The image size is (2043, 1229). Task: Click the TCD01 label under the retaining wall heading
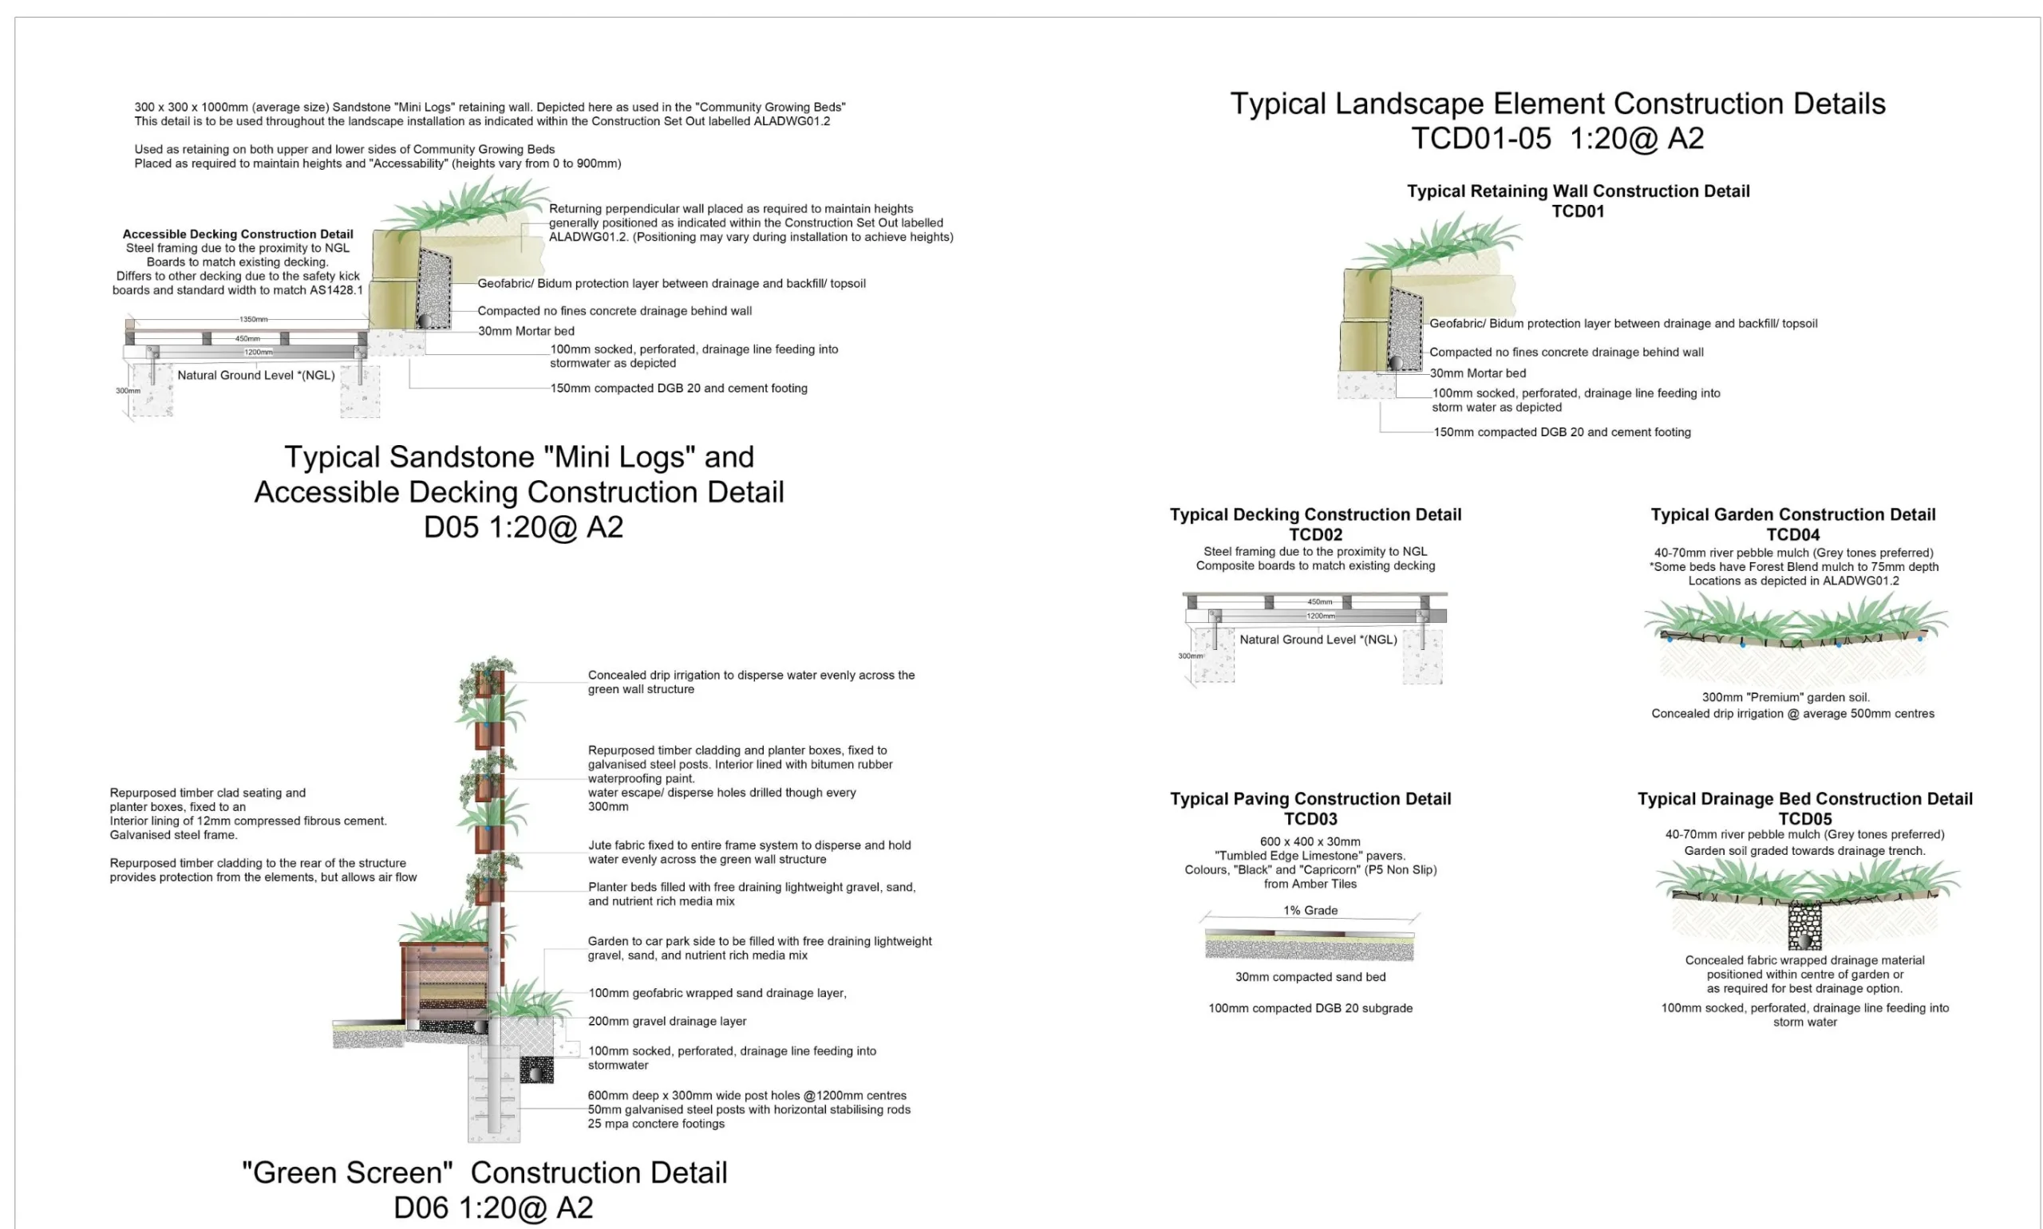pyautogui.click(x=1577, y=211)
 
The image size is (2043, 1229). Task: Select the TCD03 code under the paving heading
pyautogui.click(x=1310, y=819)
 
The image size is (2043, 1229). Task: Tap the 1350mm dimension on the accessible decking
pyautogui.click(x=254, y=319)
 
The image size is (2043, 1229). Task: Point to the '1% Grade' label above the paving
pyautogui.click(x=1310, y=910)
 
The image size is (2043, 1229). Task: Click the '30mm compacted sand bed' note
pyautogui.click(x=1310, y=977)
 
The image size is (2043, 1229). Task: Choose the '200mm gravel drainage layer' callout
pyautogui.click(x=667, y=1021)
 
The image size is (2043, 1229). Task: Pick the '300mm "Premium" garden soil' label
pyautogui.click(x=1785, y=697)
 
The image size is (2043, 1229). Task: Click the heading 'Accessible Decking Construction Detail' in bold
pyautogui.click(x=238, y=234)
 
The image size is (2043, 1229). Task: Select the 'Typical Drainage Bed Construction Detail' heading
pyautogui.click(x=1804, y=799)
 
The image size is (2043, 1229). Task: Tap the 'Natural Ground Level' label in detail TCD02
pyautogui.click(x=1318, y=640)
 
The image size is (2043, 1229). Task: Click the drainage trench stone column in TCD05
pyautogui.click(x=1804, y=926)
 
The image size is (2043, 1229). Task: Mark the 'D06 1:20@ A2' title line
pyautogui.click(x=493, y=1207)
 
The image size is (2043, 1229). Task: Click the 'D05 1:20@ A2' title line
pyautogui.click(x=523, y=526)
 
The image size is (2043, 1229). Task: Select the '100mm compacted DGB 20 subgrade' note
pyautogui.click(x=1310, y=1008)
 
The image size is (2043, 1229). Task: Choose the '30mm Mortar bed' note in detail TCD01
pyautogui.click(x=1477, y=373)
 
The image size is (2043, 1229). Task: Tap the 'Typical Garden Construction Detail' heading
pyautogui.click(x=1792, y=515)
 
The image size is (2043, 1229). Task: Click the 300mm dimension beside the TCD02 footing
pyautogui.click(x=1190, y=656)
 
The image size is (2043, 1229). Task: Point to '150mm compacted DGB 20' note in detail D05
pyautogui.click(x=678, y=388)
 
